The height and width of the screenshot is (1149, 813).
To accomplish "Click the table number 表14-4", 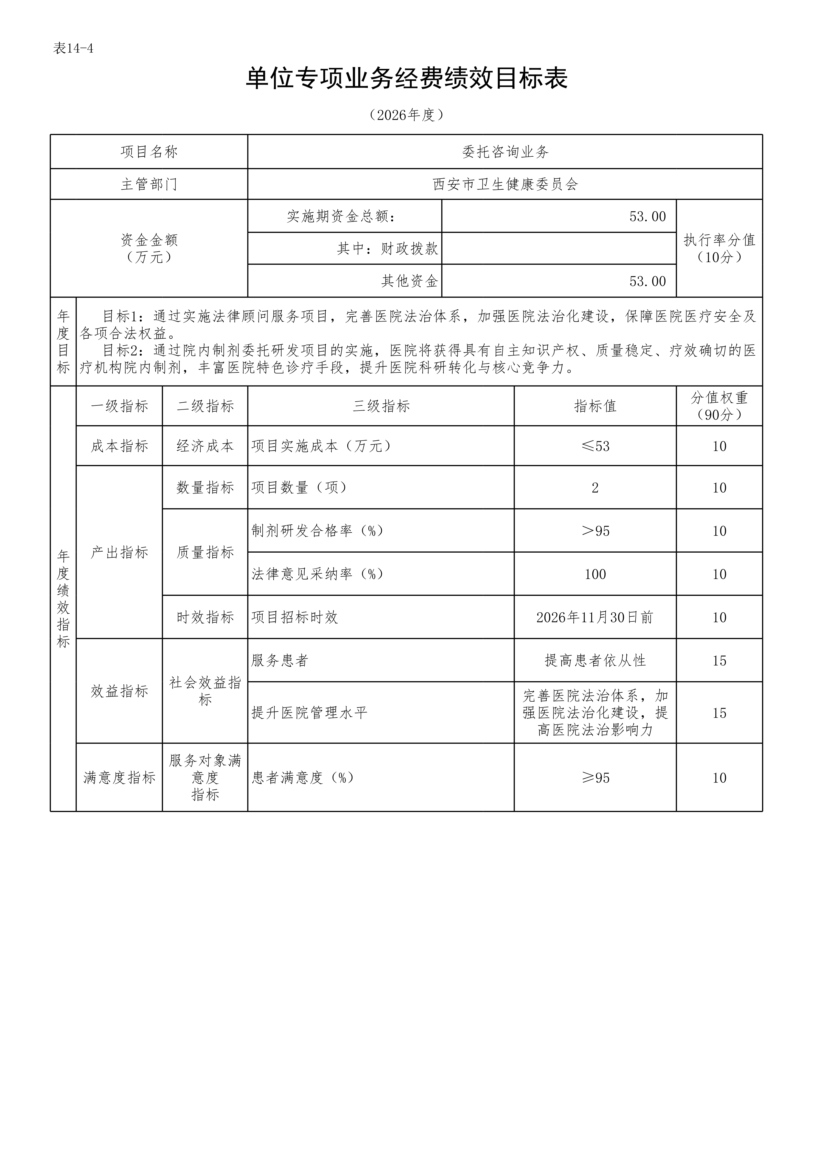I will click(x=73, y=49).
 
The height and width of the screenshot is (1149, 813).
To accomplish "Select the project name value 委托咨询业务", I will click(x=505, y=152).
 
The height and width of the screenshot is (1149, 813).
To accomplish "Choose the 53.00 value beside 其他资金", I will click(x=647, y=281).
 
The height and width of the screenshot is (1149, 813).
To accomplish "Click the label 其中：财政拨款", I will click(x=388, y=249).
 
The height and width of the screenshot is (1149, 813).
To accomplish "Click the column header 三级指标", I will click(x=381, y=406).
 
